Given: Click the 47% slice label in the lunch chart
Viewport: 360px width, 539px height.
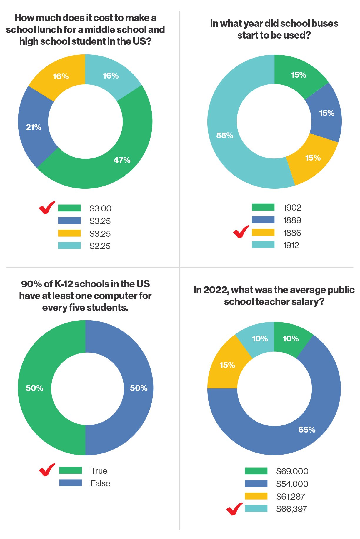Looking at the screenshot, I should pos(122,160).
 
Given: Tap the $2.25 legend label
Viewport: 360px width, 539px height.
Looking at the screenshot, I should pos(100,246).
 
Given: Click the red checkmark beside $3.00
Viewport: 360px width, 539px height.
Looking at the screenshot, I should pos(47,208).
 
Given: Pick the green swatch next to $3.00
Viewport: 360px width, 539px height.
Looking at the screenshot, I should pos(69,208).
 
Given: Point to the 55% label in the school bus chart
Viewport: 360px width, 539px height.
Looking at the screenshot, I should pos(225,136).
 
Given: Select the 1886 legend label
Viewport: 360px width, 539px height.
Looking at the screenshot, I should pos(292,233).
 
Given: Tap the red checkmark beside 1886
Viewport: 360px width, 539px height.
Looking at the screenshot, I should pos(241,232).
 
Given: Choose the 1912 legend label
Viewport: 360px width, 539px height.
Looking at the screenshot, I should pos(291,245).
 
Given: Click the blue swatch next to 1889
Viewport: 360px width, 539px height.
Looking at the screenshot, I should pos(263,220).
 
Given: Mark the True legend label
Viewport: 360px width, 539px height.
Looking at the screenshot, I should pos(99,471).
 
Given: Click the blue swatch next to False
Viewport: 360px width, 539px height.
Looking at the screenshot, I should pos(71,483).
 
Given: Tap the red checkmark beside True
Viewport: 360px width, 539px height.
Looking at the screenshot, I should pos(47,470).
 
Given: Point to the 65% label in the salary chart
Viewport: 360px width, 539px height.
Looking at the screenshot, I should pos(307,430).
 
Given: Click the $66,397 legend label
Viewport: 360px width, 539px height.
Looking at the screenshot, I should pos(291,509).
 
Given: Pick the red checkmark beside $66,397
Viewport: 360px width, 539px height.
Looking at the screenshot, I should pos(234,509).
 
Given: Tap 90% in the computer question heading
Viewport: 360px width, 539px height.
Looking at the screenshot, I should pos(31,284).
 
